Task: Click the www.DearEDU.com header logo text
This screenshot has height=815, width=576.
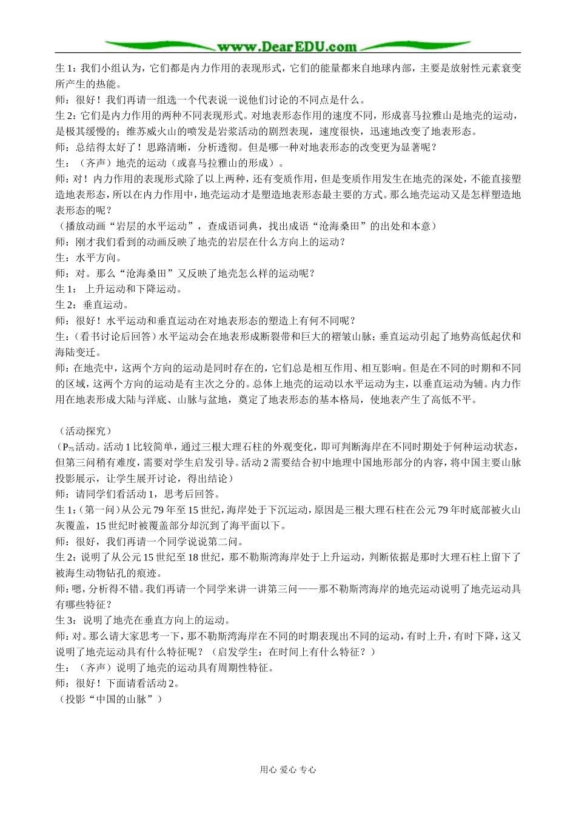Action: click(x=287, y=47)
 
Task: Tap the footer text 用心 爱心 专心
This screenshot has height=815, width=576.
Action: click(x=288, y=770)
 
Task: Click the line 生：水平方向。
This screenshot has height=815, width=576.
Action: click(x=86, y=257)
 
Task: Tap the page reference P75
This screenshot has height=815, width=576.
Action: click(x=67, y=448)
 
